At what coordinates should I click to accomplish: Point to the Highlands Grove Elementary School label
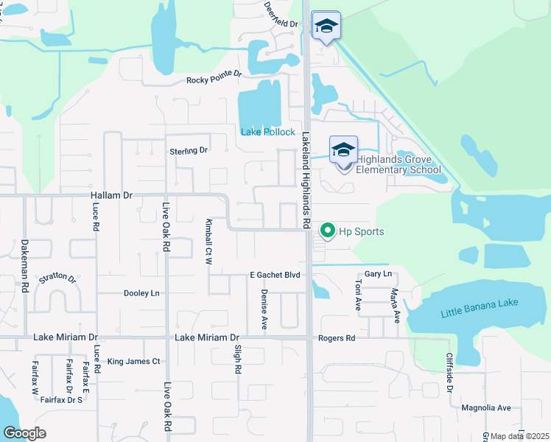[x=398, y=164]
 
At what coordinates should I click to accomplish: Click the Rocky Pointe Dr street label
[x=214, y=76]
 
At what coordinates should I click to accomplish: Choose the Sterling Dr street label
[x=189, y=150]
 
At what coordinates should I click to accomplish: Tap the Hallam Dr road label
[x=111, y=195]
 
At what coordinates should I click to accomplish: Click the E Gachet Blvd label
[x=275, y=275]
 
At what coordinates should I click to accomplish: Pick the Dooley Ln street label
[x=140, y=292]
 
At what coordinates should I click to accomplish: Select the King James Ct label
[x=133, y=362]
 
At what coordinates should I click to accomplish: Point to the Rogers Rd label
[x=337, y=338]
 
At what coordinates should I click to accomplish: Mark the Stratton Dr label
[x=57, y=278]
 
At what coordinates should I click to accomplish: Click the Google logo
[x=24, y=433]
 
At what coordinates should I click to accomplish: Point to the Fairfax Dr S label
[x=63, y=400]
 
